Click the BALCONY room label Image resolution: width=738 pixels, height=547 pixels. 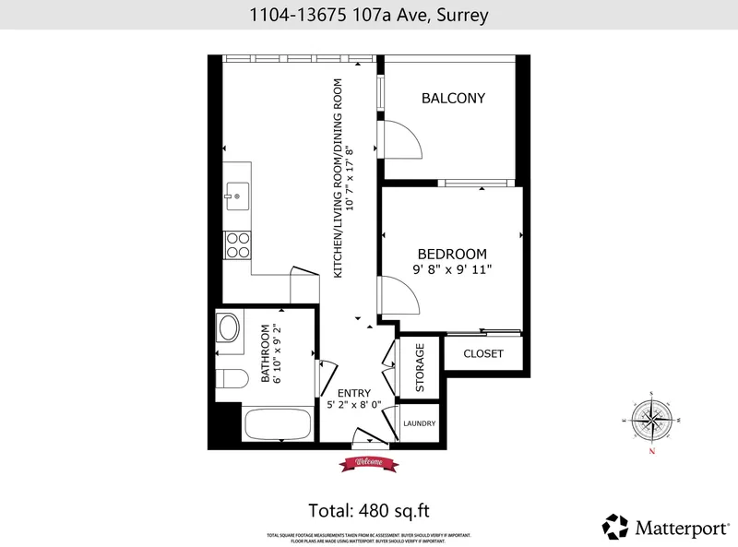(453, 99)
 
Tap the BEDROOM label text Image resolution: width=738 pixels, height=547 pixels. (452, 254)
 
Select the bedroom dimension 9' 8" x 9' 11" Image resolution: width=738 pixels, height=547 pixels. (452, 270)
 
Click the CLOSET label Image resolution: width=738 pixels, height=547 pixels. (482, 353)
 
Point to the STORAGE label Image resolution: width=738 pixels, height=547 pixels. (420, 368)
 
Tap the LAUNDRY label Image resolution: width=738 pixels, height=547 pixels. (420, 423)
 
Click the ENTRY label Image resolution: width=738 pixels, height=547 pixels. (353, 392)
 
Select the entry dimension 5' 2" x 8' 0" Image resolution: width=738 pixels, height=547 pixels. (354, 405)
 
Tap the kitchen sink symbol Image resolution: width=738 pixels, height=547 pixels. (236, 195)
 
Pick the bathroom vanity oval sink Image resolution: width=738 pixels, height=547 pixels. (228, 327)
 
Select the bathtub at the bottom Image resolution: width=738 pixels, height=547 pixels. (276, 426)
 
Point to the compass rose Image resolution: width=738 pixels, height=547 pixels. (652, 421)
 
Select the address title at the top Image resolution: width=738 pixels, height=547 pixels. (368, 15)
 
